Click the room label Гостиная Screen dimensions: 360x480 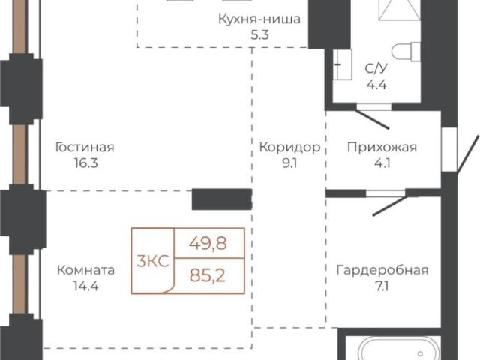85,147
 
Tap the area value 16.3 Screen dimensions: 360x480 85,163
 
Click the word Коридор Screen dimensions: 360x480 289,147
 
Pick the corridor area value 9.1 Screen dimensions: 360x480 289,163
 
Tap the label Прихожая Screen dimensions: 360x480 382,147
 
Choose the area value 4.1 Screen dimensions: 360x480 382,163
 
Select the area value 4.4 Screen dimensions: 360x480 376,84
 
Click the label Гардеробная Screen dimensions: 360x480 382,270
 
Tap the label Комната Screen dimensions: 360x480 85,270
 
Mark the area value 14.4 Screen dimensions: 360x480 85,286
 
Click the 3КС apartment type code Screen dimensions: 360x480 152,261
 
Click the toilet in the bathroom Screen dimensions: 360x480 407,51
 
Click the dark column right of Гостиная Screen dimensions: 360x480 221,199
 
